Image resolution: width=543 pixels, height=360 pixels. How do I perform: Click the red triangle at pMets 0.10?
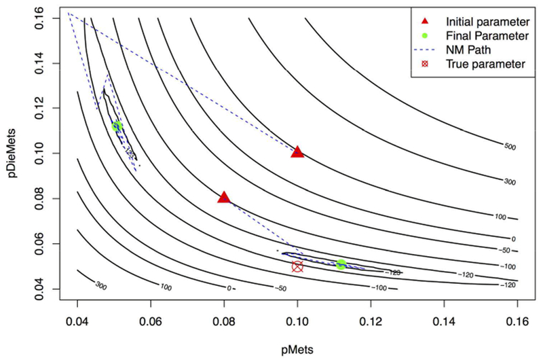[297, 151]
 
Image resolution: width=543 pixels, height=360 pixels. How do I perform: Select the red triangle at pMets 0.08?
[224, 198]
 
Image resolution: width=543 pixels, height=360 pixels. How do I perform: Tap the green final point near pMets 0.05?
[117, 126]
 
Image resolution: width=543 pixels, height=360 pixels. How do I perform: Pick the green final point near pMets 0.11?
[341, 264]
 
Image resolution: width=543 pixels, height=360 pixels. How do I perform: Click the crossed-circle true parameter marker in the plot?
[297, 266]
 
